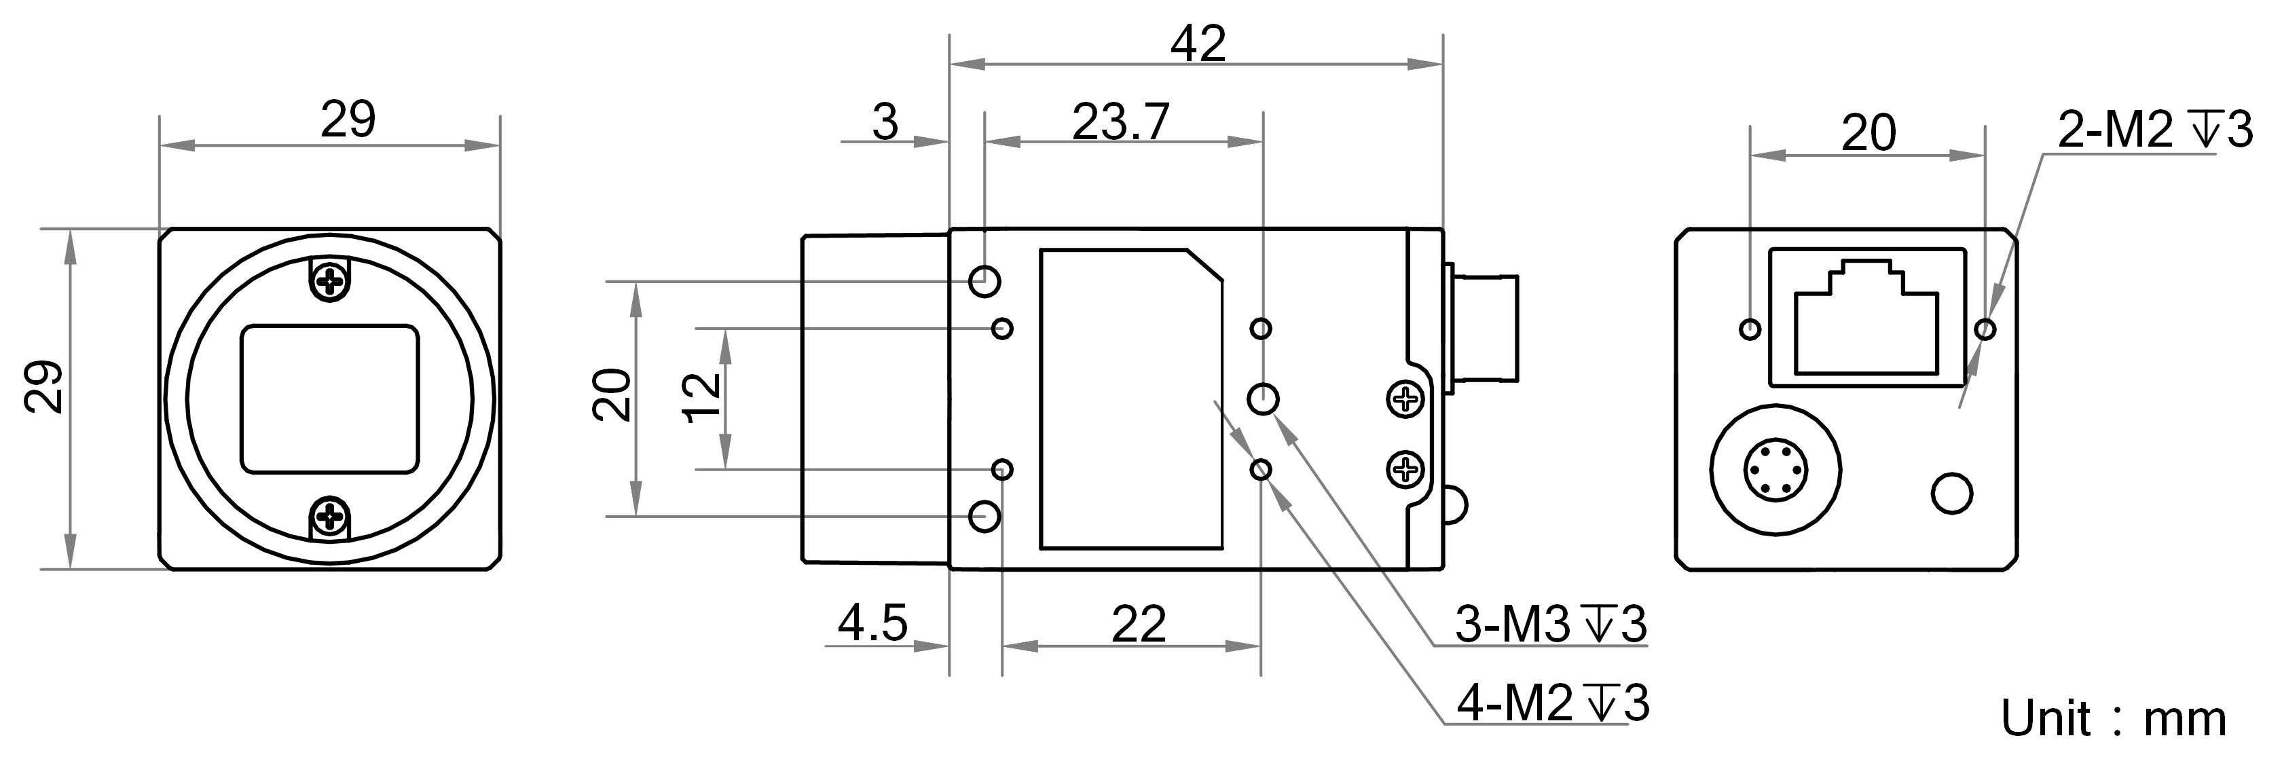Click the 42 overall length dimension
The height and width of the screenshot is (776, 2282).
click(1198, 44)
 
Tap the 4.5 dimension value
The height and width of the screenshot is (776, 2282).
click(872, 624)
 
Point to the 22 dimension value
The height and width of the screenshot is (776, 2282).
click(1139, 625)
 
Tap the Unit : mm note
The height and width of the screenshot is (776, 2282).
click(2114, 718)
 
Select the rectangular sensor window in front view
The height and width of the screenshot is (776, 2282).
click(329, 399)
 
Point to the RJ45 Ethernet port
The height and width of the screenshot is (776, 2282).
click(1866, 319)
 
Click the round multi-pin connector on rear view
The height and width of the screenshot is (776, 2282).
click(1775, 470)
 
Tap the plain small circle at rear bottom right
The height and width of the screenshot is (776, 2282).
click(1951, 494)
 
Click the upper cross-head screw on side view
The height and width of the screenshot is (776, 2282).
click(1405, 399)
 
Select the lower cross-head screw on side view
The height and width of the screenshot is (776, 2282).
click(1405, 467)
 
